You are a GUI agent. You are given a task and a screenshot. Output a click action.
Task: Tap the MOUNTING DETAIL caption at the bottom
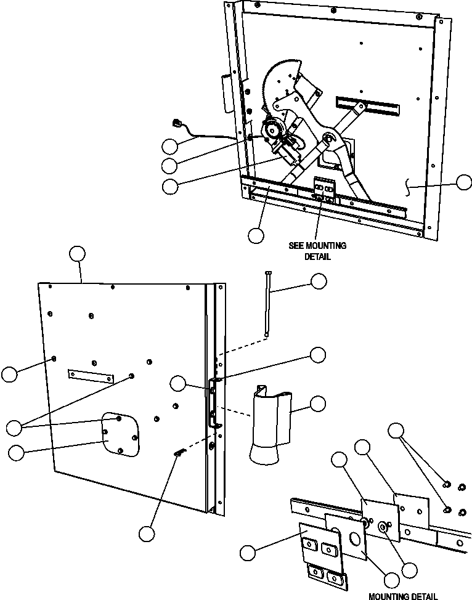tap(403, 596)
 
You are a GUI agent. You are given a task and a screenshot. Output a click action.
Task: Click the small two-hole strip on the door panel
tap(91, 375)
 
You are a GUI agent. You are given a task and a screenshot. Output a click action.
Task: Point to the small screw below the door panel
tap(179, 453)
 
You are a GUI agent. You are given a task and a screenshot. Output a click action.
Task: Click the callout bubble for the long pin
tap(319, 281)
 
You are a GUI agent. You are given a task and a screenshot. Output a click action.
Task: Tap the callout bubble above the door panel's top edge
tap(77, 254)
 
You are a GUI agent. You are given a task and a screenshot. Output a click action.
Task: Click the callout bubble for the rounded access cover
tap(17, 452)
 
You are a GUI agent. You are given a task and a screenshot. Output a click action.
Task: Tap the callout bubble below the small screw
tap(146, 533)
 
